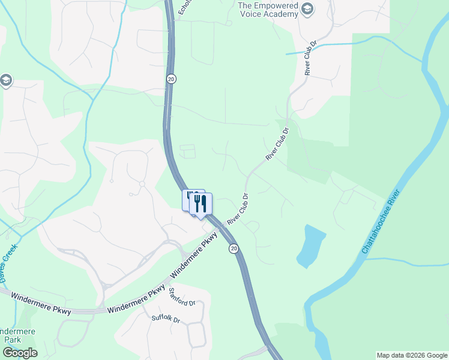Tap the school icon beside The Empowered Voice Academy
pos(307,8)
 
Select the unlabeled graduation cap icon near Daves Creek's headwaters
pos(6,80)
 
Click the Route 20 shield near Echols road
pos(171,79)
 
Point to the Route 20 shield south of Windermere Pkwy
pos(234,248)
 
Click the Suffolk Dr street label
pos(166,319)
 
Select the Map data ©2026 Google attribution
pos(411,355)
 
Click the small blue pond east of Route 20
pos(311,247)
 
